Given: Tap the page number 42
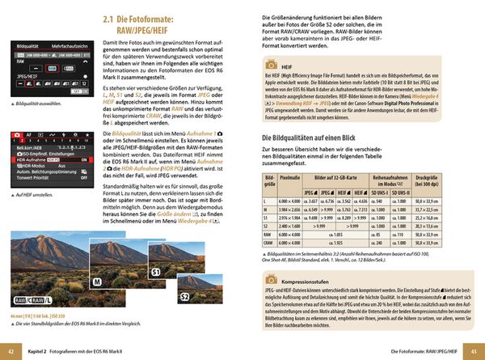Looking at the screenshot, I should coord(11,352).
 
